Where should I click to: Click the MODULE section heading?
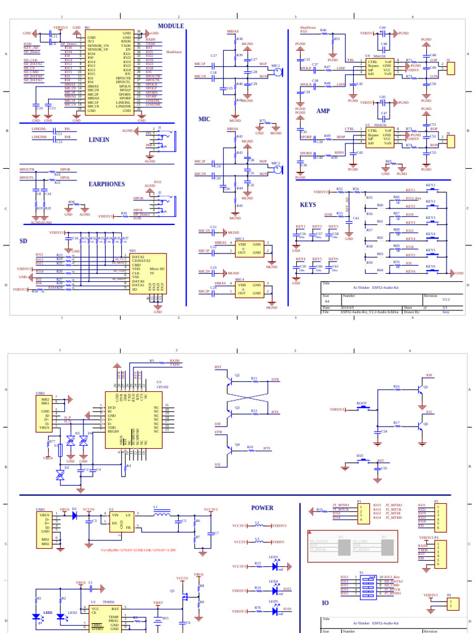click(171, 26)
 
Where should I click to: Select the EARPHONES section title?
click(106, 184)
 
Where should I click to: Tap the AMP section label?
click(323, 111)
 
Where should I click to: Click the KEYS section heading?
click(307, 205)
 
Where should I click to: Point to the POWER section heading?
click(262, 508)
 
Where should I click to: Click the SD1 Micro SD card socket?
click(147, 273)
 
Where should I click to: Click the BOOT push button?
click(362, 407)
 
